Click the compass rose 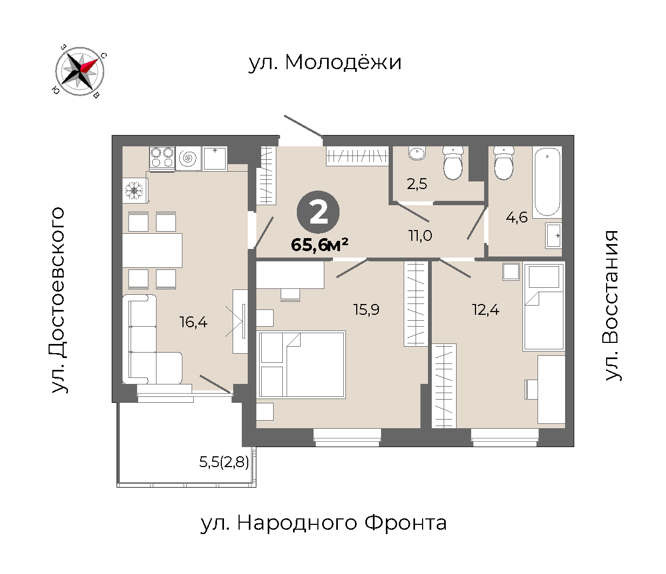pyautogui.click(x=79, y=71)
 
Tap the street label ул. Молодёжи pyautogui.click(x=325, y=63)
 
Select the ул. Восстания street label pyautogui.click(x=611, y=306)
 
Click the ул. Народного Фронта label pyautogui.click(x=323, y=523)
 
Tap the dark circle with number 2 pyautogui.click(x=318, y=212)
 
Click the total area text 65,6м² pyautogui.click(x=320, y=245)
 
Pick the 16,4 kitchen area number pyautogui.click(x=193, y=322)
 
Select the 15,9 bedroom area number pyautogui.click(x=366, y=310)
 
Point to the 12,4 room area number pyautogui.click(x=486, y=310)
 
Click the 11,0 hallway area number pyautogui.click(x=420, y=236)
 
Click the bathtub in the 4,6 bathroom pyautogui.click(x=547, y=182)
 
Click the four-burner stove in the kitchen pyautogui.click(x=162, y=158)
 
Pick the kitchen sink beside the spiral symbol pyautogui.click(x=215, y=158)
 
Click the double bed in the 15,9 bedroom pyautogui.click(x=301, y=364)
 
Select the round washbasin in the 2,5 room pyautogui.click(x=417, y=153)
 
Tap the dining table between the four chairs pyautogui.click(x=152, y=251)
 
